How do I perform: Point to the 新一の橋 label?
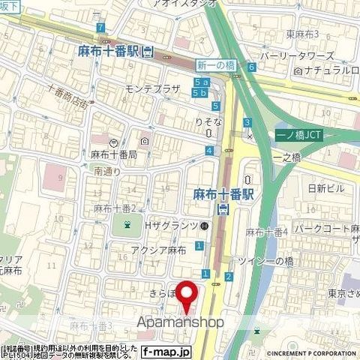(210, 66)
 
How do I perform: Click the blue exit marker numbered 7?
(100, 28)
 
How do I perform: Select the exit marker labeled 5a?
(200, 81)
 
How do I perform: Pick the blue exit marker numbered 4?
(208, 151)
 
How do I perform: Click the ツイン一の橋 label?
(269, 259)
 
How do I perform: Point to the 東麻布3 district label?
(303, 33)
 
